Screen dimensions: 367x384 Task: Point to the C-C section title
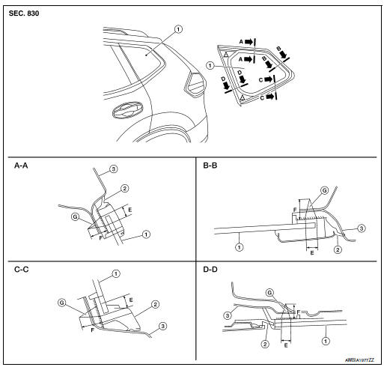click(x=22, y=264)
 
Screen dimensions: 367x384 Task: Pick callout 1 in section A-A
click(x=144, y=234)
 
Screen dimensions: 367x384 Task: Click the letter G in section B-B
click(x=323, y=192)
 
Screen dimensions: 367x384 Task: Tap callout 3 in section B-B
click(x=361, y=226)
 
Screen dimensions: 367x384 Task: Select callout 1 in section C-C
click(x=116, y=272)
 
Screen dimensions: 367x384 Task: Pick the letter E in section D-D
click(x=285, y=347)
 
